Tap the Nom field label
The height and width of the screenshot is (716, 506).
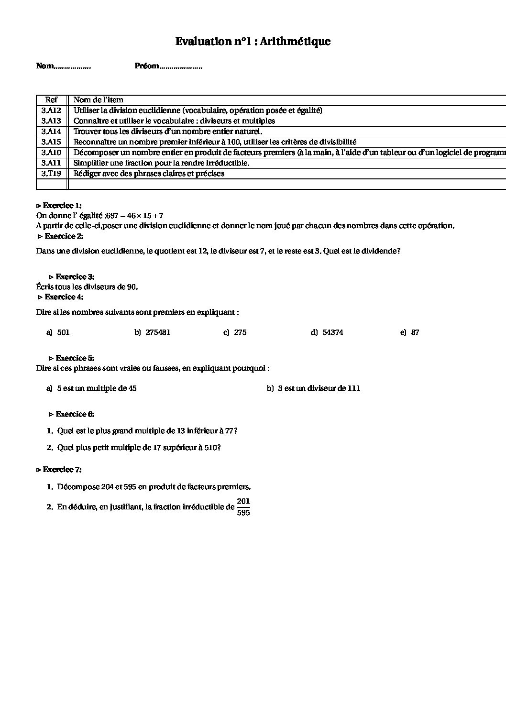(x=45, y=66)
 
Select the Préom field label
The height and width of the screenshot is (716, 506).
(x=147, y=66)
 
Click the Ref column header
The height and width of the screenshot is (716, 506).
(x=51, y=100)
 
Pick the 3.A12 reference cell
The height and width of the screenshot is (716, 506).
(x=51, y=110)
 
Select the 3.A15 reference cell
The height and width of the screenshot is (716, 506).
(x=51, y=142)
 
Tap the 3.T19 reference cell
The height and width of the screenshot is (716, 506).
(x=51, y=174)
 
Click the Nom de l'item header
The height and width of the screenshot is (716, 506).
(x=98, y=100)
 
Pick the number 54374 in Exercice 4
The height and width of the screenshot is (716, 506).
(x=333, y=332)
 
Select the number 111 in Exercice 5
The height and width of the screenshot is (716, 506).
(x=354, y=388)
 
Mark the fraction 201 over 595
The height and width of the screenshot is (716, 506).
(x=243, y=507)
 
